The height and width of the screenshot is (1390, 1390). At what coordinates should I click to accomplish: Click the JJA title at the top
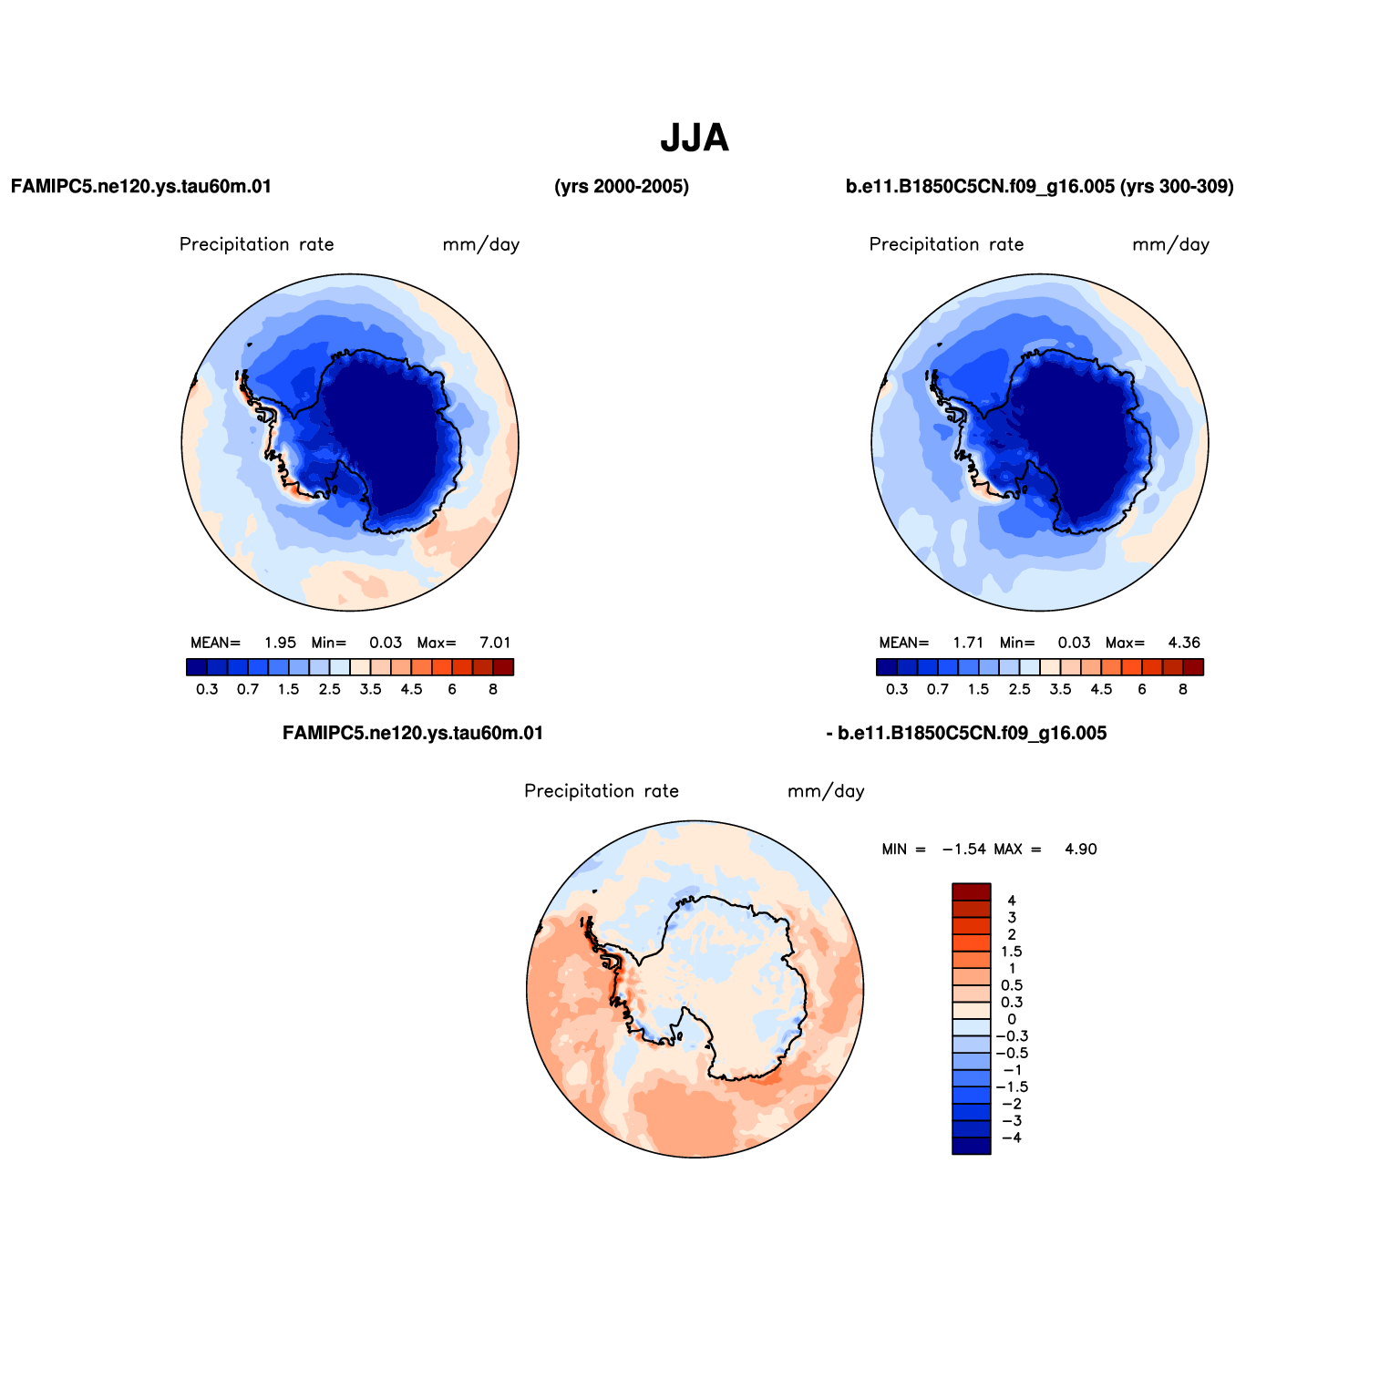(695, 139)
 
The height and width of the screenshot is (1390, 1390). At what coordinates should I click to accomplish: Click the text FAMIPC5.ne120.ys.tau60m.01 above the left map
(141, 187)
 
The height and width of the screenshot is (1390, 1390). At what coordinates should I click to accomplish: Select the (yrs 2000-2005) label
(622, 187)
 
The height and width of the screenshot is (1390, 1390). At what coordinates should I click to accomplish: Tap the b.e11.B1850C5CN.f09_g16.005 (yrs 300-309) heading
(1040, 187)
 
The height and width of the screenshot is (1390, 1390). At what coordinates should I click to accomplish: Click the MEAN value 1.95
(281, 643)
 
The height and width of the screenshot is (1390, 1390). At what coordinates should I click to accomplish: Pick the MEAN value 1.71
(969, 643)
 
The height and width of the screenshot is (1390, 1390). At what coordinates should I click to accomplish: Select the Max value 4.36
(1185, 643)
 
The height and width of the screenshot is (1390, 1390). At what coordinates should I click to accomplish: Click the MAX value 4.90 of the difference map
(1081, 849)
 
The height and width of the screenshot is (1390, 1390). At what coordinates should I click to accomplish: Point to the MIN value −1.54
(964, 849)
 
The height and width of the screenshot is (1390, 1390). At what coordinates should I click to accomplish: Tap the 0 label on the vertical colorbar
(1012, 1019)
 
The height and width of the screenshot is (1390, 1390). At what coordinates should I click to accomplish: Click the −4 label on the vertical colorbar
(1012, 1138)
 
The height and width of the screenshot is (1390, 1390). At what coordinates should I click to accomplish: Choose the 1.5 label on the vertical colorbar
(1012, 952)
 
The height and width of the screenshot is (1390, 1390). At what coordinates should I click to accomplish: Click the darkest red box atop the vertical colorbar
(972, 891)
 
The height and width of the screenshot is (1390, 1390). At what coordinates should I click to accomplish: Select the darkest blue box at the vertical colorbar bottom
(972, 1146)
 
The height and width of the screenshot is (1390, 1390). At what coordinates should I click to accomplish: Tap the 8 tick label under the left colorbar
(493, 689)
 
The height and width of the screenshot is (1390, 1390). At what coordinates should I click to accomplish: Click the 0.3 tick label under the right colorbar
(898, 689)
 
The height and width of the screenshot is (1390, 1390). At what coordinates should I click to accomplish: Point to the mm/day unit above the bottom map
(826, 791)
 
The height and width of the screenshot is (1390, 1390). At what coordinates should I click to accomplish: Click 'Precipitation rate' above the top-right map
(946, 244)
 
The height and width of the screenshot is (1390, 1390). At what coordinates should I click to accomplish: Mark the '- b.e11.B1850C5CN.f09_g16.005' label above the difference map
(966, 734)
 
